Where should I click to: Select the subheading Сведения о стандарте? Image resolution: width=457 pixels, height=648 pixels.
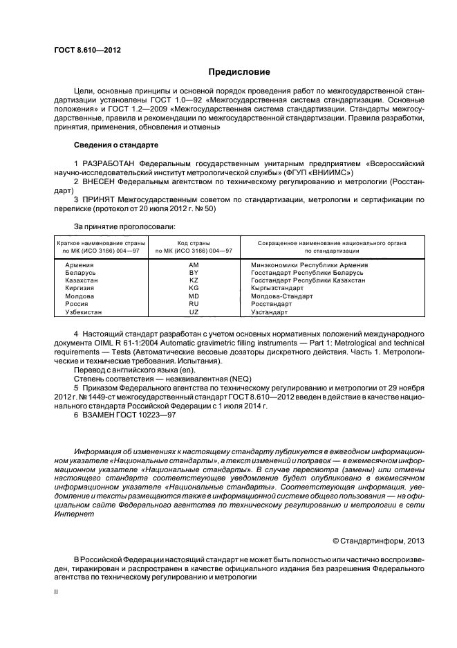point(116,145)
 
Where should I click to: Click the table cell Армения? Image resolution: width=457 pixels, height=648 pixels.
point(80,264)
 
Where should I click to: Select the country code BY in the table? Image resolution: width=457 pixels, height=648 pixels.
point(194,273)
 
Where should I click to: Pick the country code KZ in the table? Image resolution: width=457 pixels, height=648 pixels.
point(194,280)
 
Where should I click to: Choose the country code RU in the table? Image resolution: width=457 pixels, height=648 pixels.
point(194,303)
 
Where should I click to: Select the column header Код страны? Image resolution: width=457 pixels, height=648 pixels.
point(194,243)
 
